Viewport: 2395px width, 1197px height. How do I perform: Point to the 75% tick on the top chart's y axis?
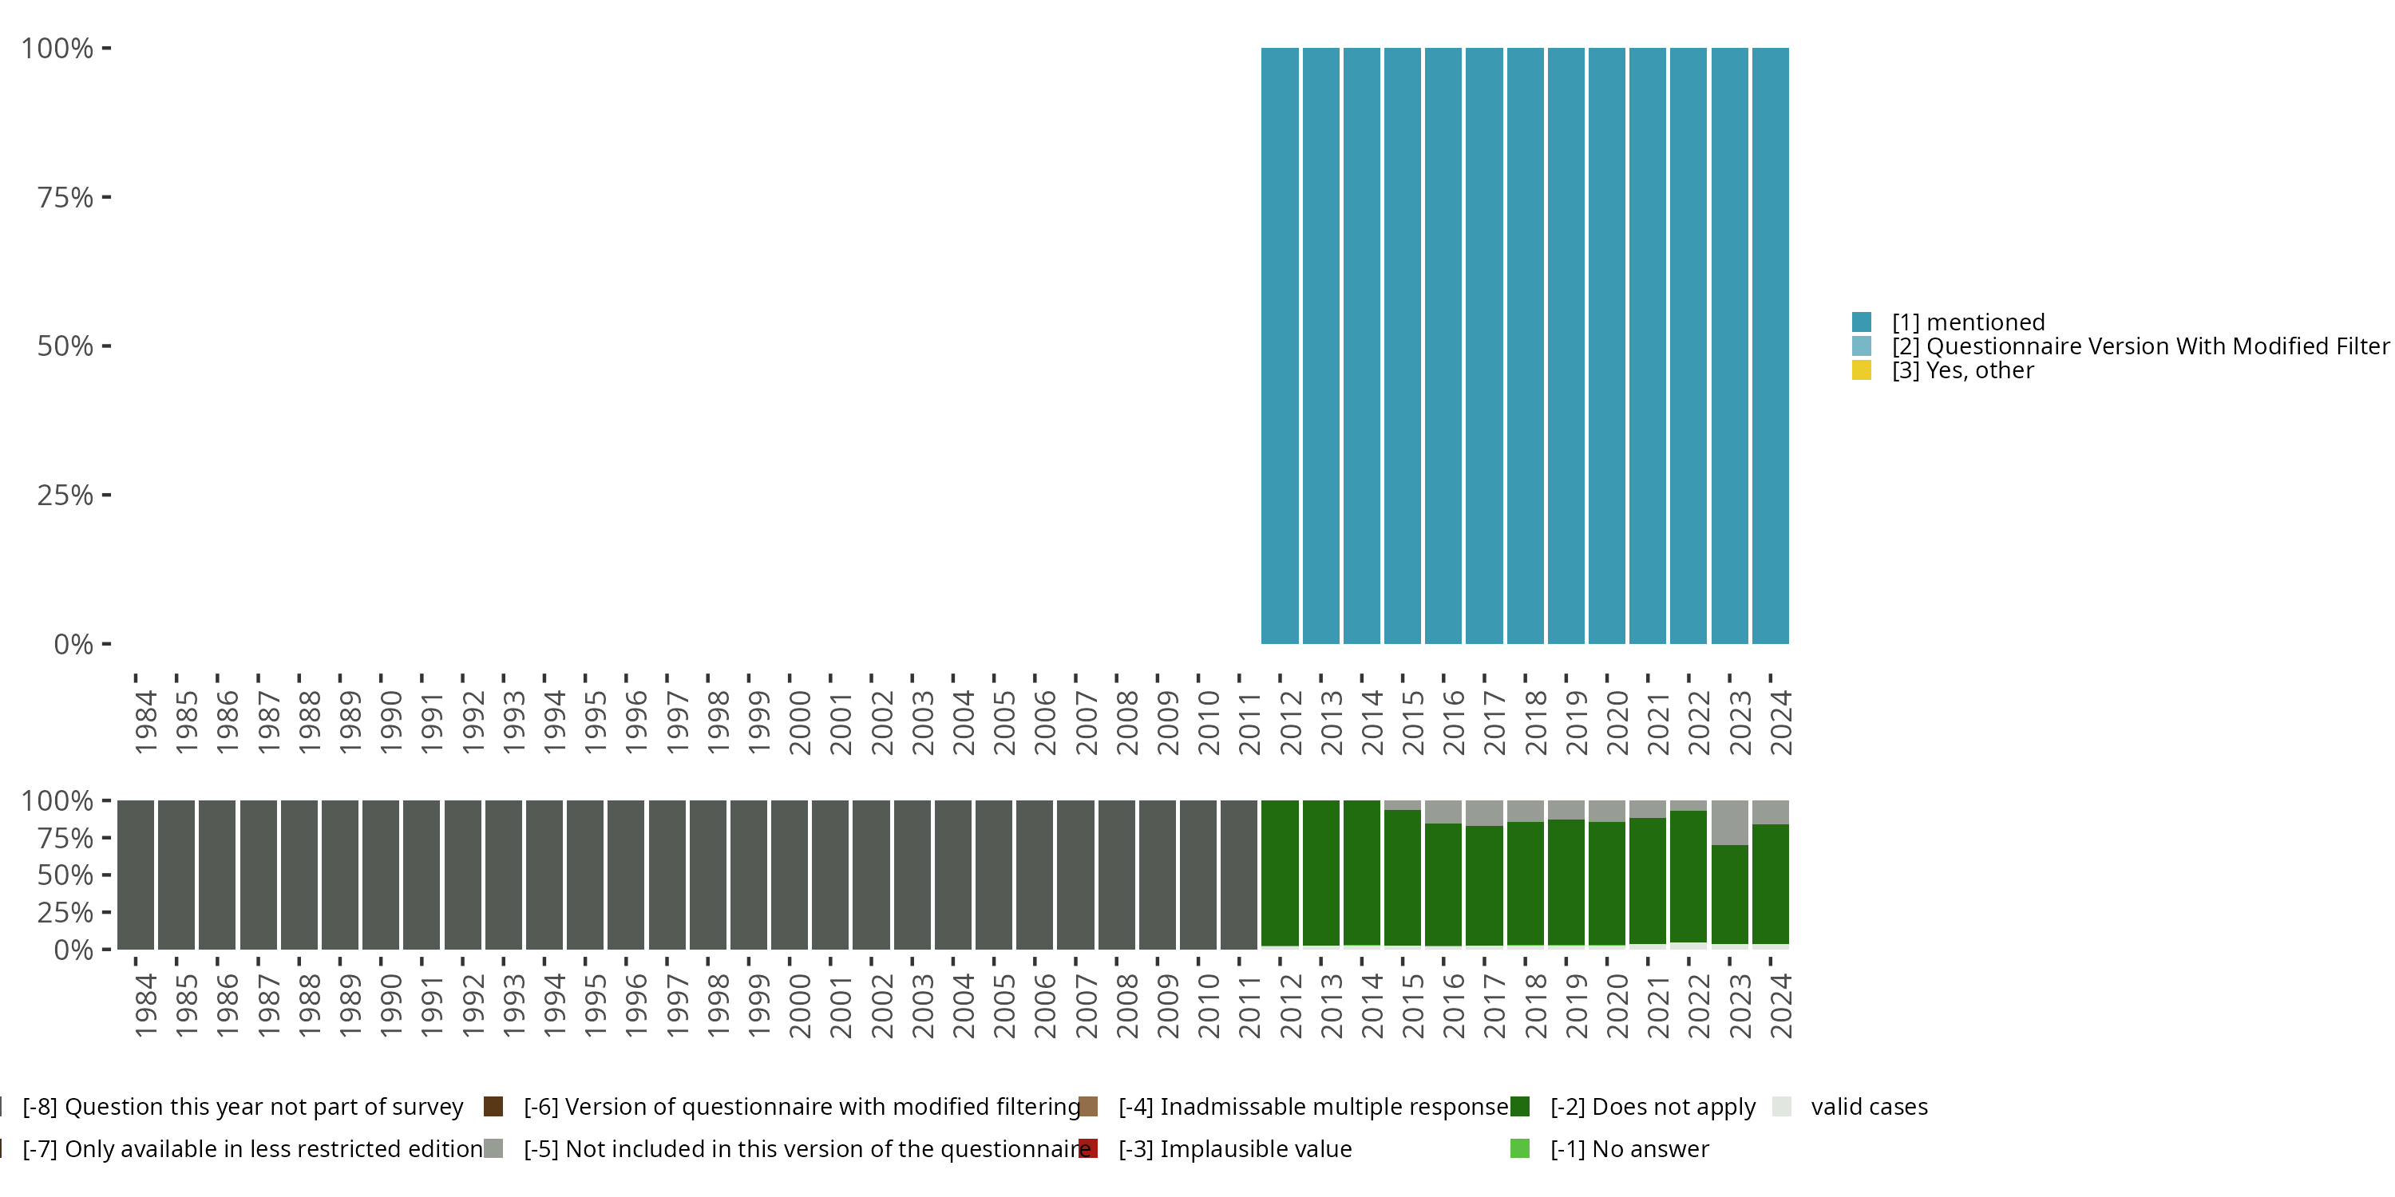click(106, 197)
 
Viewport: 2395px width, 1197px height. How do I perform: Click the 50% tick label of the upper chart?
click(65, 346)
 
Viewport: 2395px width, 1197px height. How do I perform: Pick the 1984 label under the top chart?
click(146, 722)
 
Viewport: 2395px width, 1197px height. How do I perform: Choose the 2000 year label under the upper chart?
click(800, 722)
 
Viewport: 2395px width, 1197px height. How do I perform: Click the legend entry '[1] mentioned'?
click(1967, 322)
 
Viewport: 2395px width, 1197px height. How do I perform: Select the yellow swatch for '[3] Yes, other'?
click(1862, 371)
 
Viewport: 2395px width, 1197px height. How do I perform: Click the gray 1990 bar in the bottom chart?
click(381, 875)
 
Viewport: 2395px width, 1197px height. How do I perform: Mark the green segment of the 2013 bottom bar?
click(1320, 873)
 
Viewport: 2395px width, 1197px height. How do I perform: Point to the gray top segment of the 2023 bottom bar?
click(1729, 823)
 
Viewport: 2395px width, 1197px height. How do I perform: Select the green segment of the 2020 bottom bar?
click(1606, 883)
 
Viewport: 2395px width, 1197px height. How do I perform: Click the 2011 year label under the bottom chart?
click(1249, 1005)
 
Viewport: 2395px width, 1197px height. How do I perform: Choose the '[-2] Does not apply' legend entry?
click(1652, 1107)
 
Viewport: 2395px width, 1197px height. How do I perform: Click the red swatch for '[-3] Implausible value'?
click(1088, 1148)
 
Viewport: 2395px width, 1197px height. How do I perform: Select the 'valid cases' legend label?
click(1869, 1107)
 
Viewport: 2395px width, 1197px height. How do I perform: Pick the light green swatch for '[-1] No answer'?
click(1520, 1148)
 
